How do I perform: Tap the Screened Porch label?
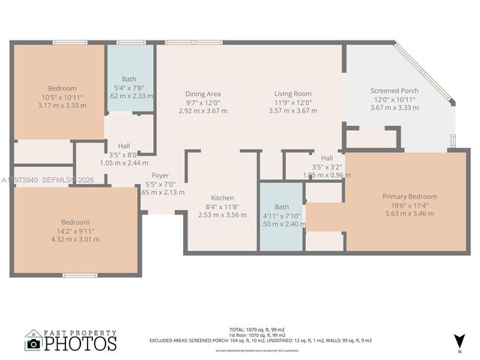tap(394, 91)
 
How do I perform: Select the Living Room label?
tap(292, 94)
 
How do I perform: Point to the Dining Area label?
tap(203, 94)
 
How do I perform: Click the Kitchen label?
tap(222, 198)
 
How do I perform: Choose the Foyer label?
tap(160, 175)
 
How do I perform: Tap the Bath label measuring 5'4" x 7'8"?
tap(129, 79)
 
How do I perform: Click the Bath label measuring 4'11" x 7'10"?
tap(281, 206)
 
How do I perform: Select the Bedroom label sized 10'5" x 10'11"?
tap(61, 88)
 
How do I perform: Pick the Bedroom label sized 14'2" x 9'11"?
tap(75, 222)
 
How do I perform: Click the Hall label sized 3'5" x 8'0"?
tap(124, 145)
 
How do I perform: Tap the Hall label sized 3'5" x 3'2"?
tap(327, 158)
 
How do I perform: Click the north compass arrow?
tap(460, 341)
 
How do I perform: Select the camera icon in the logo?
tap(33, 343)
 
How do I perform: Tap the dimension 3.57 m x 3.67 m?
tap(292, 110)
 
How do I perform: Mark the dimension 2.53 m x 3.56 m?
tap(222, 214)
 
